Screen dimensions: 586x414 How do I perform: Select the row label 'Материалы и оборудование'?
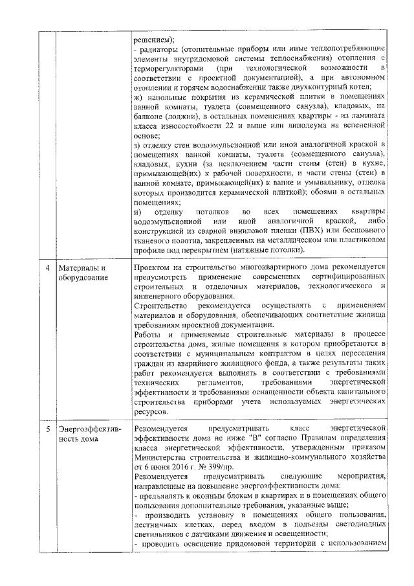pos(82,273)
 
